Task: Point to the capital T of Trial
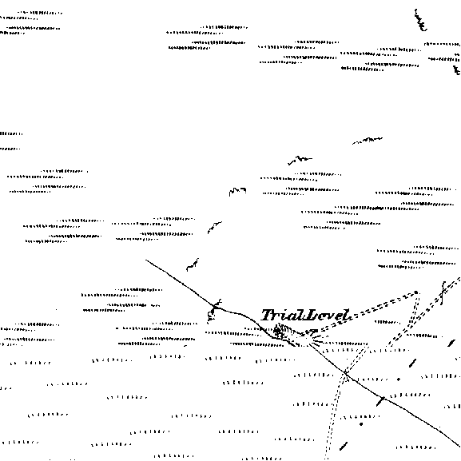(268, 315)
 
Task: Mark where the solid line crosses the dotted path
(346, 373)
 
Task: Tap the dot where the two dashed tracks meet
(416, 292)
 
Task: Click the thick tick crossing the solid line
(380, 401)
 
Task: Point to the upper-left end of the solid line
(146, 260)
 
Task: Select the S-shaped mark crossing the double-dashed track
(443, 293)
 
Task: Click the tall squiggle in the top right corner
(420, 20)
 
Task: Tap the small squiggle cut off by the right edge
(457, 70)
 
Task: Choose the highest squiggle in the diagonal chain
(368, 140)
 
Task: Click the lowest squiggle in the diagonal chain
(193, 264)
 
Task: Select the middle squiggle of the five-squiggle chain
(237, 191)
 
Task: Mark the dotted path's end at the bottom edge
(326, 459)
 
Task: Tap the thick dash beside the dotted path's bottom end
(344, 446)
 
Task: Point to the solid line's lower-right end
(459, 447)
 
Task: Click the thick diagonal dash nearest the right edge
(451, 343)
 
